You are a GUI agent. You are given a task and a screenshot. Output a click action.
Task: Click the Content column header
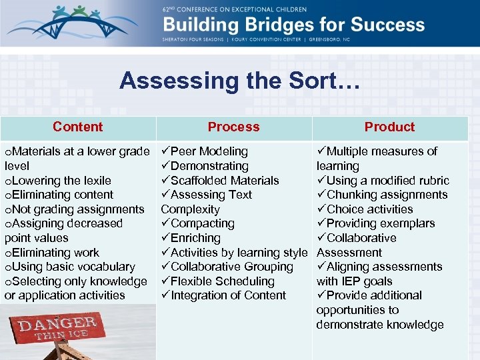tap(77, 127)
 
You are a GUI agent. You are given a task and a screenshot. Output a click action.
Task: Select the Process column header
tap(233, 127)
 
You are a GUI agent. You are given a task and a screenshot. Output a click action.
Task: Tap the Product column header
tap(389, 127)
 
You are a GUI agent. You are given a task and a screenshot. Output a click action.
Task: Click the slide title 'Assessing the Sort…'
tap(239, 81)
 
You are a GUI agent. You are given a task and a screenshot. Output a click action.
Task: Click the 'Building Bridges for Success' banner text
tap(294, 25)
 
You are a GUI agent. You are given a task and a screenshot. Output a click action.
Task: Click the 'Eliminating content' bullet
tap(59, 195)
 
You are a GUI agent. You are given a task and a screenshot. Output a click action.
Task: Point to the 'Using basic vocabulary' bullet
tap(70, 267)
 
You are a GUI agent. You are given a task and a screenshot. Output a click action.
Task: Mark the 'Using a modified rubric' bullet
tap(387, 181)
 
